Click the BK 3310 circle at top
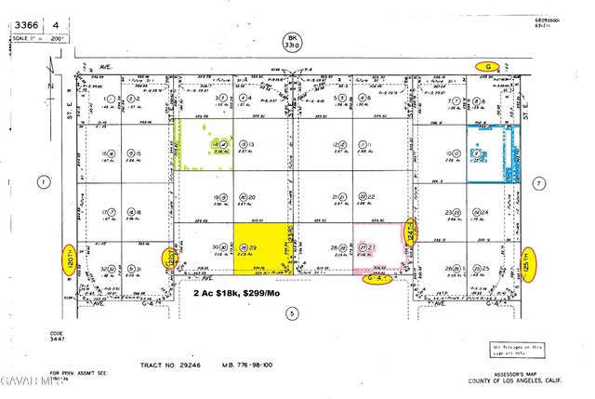tap(293, 41)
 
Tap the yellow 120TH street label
tap(68, 255)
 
